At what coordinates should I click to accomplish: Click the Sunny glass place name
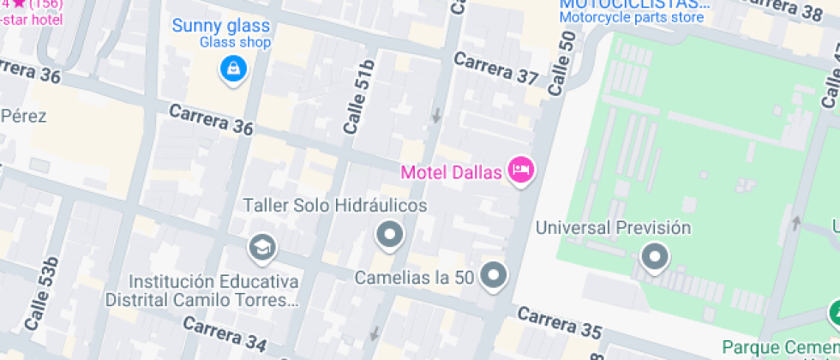point(220,25)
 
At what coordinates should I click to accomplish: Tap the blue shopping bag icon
point(231,68)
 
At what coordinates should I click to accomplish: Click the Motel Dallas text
point(451,171)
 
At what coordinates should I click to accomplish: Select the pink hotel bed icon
point(519,170)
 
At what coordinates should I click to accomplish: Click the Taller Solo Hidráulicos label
point(335,206)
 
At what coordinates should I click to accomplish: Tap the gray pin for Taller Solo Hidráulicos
point(391,233)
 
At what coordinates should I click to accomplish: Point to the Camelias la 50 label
point(415,277)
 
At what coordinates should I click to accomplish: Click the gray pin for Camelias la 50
point(494,275)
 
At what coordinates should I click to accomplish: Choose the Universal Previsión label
point(613,227)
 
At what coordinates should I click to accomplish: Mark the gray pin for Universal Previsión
point(656,255)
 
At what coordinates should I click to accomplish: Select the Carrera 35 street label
point(561,323)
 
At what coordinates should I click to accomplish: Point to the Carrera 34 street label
point(225,335)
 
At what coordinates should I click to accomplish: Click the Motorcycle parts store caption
point(633,16)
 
